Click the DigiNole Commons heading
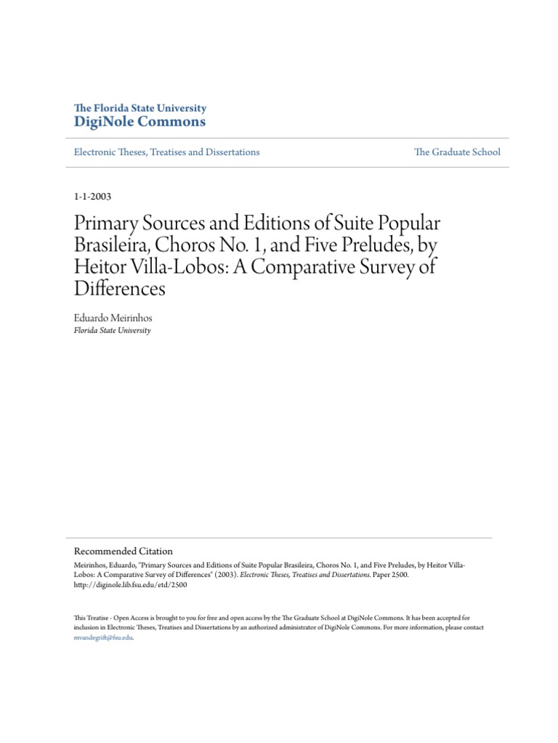tap(140, 122)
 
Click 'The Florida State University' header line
tap(140, 108)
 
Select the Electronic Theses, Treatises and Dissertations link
tap(167, 152)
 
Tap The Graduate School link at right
tap(457, 152)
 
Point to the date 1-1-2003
tap(93, 196)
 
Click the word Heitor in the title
tap(100, 267)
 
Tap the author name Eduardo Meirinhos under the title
tap(111, 317)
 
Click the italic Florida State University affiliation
tap(112, 330)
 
